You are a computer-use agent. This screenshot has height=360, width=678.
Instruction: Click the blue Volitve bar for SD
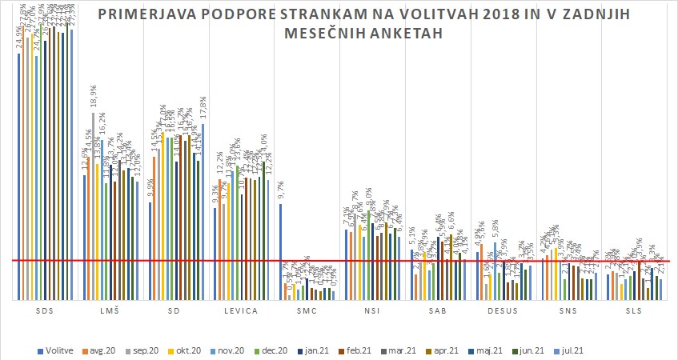tap(150, 250)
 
